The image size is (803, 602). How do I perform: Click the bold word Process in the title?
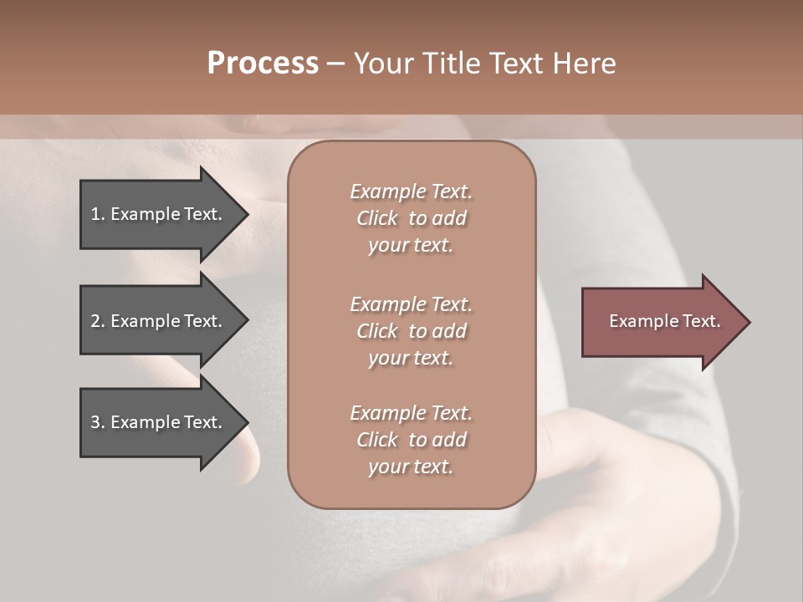[263, 64]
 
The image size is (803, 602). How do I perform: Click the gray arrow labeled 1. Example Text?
[159, 214]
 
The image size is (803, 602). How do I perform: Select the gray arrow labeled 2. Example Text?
[159, 321]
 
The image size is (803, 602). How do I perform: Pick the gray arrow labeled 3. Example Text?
[159, 422]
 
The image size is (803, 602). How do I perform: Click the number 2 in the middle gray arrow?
[95, 321]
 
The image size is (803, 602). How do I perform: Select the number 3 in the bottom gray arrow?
[95, 422]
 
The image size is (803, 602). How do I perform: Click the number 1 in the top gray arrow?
[95, 214]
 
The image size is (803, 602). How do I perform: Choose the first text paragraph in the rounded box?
[411, 218]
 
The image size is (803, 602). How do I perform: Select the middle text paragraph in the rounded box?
[411, 331]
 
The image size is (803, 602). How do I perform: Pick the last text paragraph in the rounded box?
[411, 440]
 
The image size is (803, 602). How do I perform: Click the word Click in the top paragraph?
[377, 218]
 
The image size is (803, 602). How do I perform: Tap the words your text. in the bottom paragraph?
[411, 467]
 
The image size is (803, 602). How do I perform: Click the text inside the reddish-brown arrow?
[664, 321]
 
